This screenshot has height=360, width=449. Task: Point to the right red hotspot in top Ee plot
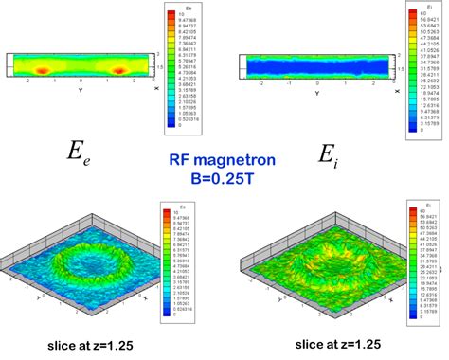[x=120, y=70]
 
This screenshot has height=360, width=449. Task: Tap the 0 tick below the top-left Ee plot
[x=82, y=83]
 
